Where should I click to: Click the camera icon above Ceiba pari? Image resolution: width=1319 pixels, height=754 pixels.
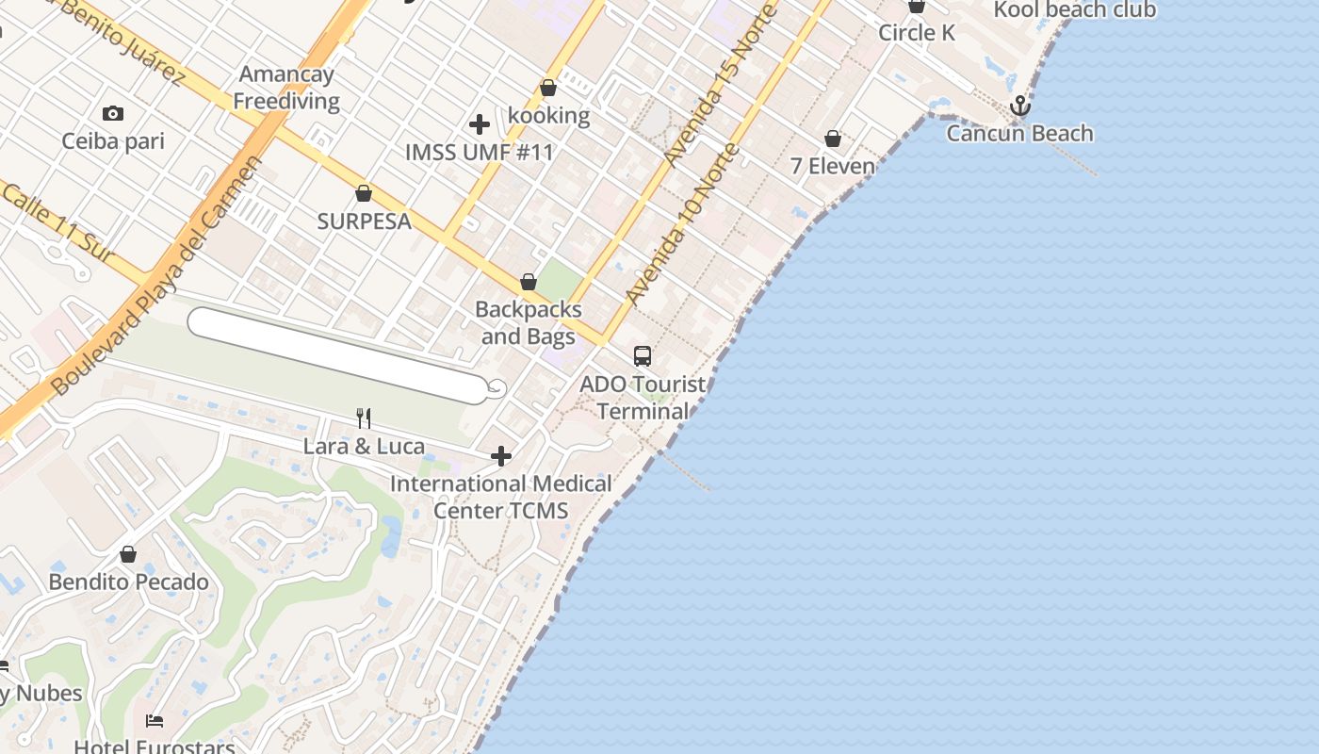pyautogui.click(x=113, y=114)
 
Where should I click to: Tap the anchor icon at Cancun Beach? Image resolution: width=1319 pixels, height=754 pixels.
pyautogui.click(x=1020, y=107)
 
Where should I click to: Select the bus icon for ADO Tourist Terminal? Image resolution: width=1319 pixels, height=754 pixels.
pyautogui.click(x=643, y=356)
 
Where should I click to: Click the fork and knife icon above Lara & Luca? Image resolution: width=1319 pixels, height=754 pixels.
pyautogui.click(x=364, y=418)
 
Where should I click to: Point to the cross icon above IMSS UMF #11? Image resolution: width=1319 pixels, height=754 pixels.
pyautogui.click(x=480, y=123)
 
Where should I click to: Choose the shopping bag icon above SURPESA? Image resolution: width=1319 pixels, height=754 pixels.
pyautogui.click(x=364, y=194)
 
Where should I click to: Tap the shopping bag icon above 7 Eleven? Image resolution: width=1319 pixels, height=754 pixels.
pyautogui.click(x=833, y=139)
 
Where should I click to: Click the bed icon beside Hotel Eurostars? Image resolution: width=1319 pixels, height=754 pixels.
pyautogui.click(x=155, y=721)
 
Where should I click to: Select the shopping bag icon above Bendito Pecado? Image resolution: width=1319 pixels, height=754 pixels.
pyautogui.click(x=128, y=554)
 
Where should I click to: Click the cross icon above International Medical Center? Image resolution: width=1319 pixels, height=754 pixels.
pyautogui.click(x=501, y=457)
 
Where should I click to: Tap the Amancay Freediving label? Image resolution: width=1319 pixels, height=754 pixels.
pyautogui.click(x=286, y=88)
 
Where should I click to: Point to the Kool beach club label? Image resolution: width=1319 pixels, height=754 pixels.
pyautogui.click(x=1074, y=10)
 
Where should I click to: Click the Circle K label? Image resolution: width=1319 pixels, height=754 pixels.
pyautogui.click(x=917, y=33)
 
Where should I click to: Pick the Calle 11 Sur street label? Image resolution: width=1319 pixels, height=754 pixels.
pyautogui.click(x=57, y=223)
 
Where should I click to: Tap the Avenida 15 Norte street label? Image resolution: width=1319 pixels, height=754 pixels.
pyautogui.click(x=720, y=86)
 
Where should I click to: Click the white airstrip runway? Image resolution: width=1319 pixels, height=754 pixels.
pyautogui.click(x=339, y=355)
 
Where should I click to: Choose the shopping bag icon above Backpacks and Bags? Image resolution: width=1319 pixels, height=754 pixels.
pyautogui.click(x=529, y=283)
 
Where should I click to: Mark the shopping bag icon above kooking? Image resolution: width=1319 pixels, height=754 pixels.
pyautogui.click(x=548, y=89)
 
